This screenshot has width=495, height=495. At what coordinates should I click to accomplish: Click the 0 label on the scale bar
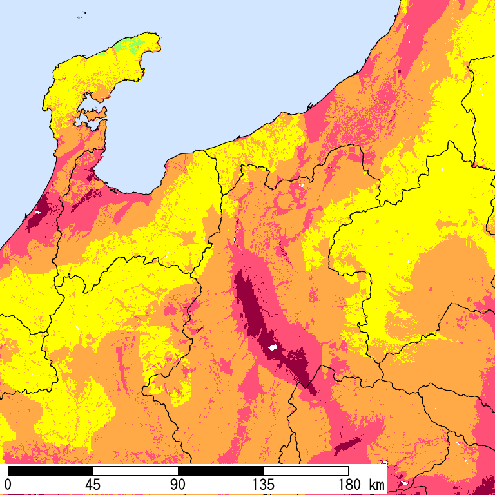[x=8, y=484]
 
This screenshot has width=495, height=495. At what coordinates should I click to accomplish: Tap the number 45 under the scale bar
[x=93, y=484]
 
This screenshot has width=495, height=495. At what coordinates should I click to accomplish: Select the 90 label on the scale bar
[x=178, y=484]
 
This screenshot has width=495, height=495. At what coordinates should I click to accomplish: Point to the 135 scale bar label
[x=263, y=484]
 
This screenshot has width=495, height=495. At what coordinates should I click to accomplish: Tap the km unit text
[x=376, y=484]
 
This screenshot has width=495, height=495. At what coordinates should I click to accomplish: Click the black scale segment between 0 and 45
[x=51, y=471]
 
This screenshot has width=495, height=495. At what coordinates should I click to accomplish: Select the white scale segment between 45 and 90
[x=136, y=471]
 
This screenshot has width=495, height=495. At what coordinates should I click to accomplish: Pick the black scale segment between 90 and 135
[x=221, y=471]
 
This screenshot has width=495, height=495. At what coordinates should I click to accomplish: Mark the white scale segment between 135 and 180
[x=306, y=471]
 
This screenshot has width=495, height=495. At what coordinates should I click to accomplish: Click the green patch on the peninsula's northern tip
[x=129, y=46]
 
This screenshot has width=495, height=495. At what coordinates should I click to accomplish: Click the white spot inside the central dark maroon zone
[x=272, y=348]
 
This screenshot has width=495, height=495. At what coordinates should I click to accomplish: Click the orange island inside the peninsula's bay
[x=92, y=115]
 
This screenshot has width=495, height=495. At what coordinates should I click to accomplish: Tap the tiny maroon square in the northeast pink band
[x=400, y=72]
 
